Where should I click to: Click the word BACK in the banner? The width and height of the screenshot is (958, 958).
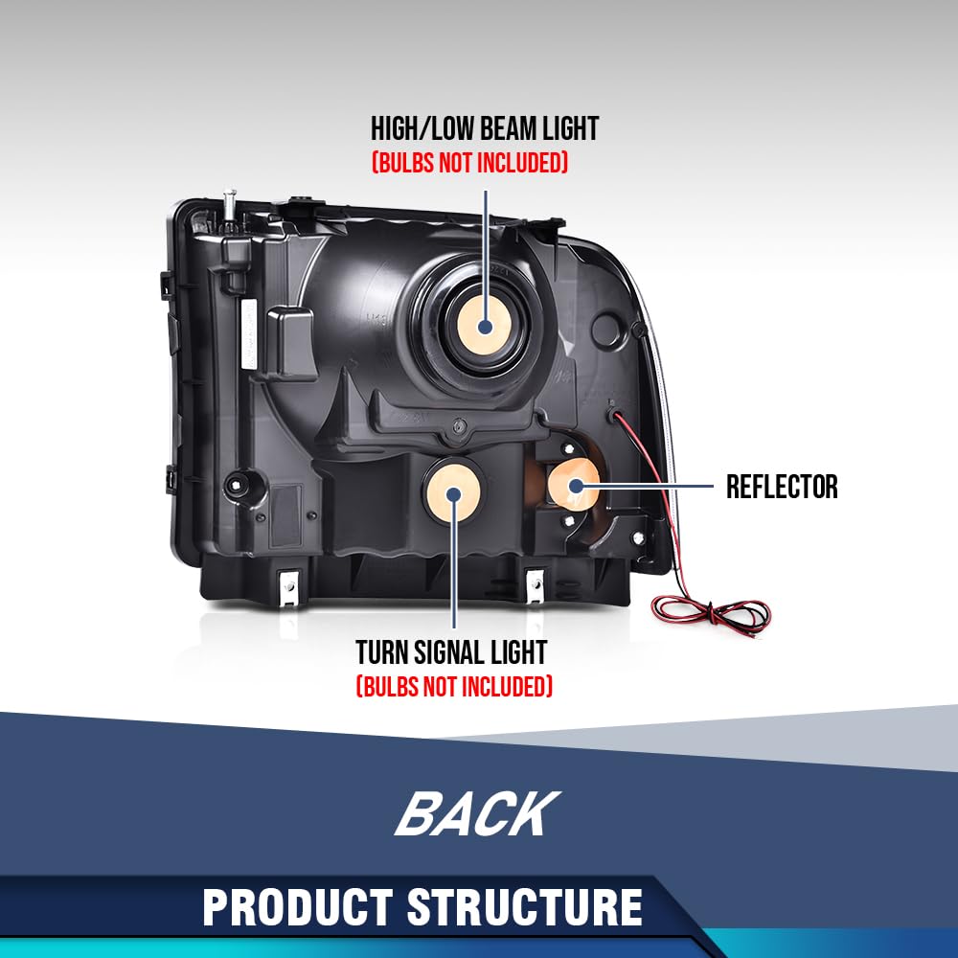click(477, 813)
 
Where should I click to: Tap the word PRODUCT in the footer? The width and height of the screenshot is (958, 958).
click(298, 907)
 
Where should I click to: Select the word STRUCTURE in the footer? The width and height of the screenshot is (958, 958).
click(525, 907)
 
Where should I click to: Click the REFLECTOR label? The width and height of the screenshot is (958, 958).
click(782, 487)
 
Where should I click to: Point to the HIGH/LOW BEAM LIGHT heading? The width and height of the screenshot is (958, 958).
click(485, 129)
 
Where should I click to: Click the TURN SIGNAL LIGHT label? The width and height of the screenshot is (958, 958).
click(451, 652)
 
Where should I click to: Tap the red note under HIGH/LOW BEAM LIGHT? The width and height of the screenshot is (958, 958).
click(469, 163)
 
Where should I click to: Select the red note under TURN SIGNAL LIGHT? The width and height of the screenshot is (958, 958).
click(454, 686)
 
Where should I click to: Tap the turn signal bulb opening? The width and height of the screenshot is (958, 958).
click(453, 492)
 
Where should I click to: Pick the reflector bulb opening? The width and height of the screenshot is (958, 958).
click(574, 486)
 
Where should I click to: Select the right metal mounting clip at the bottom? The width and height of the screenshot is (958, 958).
click(535, 586)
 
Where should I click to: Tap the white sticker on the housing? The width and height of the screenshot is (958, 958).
click(248, 333)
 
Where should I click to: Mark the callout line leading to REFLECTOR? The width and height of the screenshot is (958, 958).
click(644, 487)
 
